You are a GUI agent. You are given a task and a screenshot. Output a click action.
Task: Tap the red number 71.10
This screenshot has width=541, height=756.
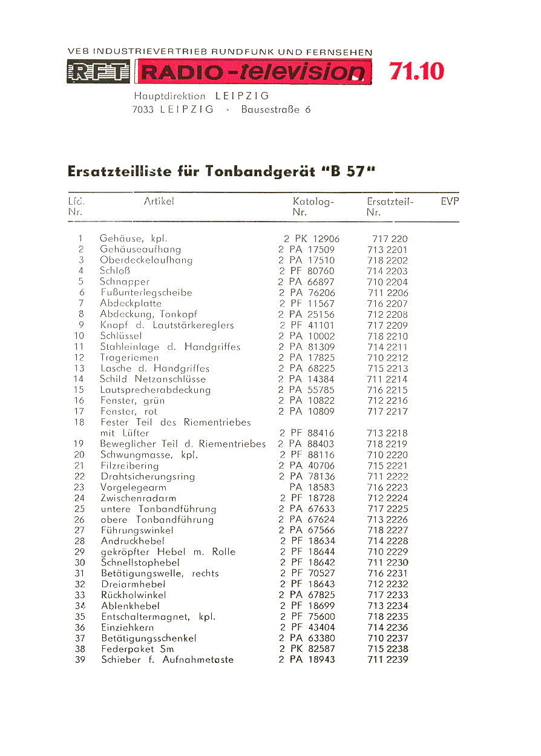(416, 71)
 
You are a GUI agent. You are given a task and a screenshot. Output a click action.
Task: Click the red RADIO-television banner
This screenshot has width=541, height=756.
(253, 73)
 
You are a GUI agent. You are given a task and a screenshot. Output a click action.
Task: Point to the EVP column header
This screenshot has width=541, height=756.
(450, 202)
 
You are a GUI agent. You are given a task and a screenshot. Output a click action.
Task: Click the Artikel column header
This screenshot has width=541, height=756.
(159, 202)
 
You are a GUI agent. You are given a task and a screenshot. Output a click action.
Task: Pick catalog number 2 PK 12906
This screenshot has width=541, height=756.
(312, 238)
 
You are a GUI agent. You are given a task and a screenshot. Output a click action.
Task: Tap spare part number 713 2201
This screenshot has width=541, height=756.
(387, 249)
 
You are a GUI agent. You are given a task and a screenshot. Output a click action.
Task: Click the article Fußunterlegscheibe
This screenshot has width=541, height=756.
(146, 293)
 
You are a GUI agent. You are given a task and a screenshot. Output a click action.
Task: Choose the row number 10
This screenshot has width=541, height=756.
(79, 336)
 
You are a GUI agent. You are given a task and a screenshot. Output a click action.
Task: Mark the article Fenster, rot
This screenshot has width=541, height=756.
(129, 412)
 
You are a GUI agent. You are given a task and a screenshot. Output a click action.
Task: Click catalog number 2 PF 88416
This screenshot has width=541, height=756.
(307, 433)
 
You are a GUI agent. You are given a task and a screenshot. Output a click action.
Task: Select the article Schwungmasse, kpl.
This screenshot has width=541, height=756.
(149, 455)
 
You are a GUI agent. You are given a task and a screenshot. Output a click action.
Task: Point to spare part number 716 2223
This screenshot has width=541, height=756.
(388, 487)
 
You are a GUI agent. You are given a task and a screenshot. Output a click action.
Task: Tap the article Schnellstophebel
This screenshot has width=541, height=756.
(140, 563)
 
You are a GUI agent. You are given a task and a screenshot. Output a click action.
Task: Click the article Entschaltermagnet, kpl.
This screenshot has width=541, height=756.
(158, 617)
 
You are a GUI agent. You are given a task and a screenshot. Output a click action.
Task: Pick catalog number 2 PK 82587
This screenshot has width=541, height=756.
(307, 649)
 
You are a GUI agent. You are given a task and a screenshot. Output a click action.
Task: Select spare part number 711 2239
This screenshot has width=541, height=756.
(388, 660)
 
